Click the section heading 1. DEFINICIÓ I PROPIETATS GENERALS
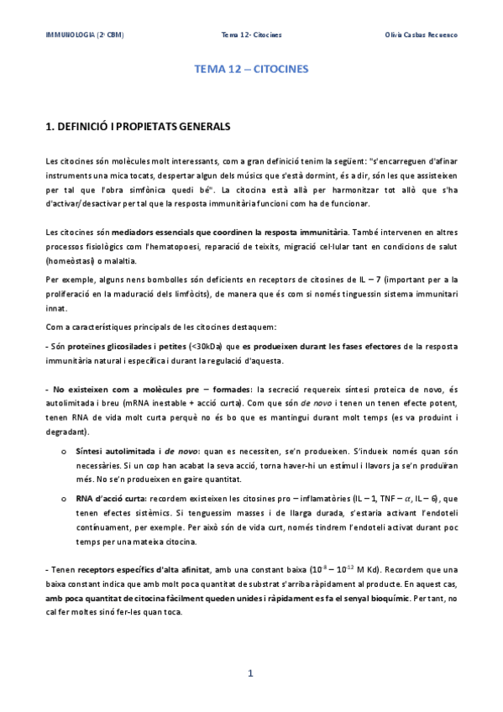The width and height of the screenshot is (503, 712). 136,126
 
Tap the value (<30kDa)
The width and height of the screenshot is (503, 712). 201,346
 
